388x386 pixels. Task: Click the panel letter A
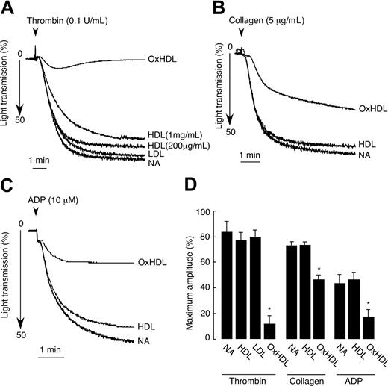[7, 7]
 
